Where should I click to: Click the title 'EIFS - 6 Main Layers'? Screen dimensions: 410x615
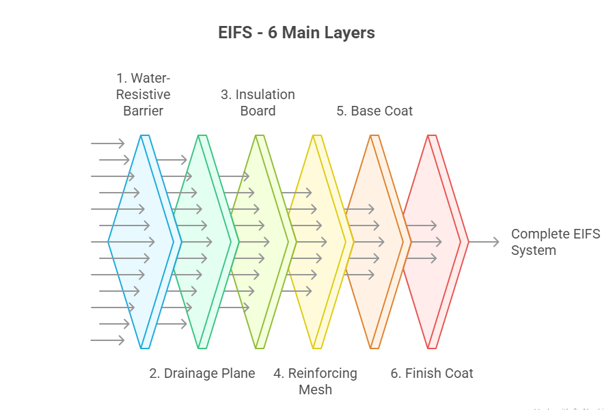(x=297, y=33)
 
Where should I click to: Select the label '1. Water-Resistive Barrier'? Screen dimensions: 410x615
(x=143, y=94)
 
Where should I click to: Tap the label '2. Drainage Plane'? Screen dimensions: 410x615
(x=202, y=373)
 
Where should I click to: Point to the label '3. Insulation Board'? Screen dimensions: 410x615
(x=258, y=102)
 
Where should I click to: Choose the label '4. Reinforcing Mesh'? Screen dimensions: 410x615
(x=315, y=381)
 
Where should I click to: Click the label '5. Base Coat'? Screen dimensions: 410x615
(x=374, y=111)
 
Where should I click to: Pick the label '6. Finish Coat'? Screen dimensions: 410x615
(x=432, y=373)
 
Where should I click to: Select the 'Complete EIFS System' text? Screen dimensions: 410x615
(x=556, y=242)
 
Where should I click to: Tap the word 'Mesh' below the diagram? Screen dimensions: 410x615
(x=315, y=389)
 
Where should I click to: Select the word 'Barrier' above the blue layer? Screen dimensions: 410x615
(x=143, y=111)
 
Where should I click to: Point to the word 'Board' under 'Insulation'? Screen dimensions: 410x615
(x=258, y=111)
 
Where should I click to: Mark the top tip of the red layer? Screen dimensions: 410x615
(x=431, y=137)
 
